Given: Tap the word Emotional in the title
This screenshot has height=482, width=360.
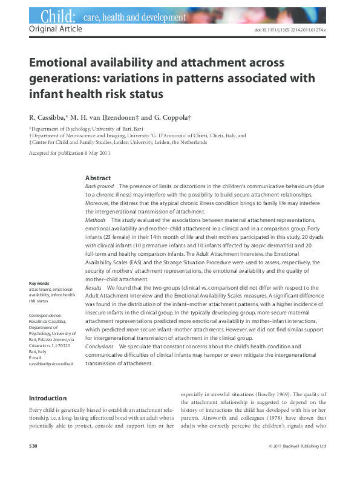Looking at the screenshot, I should (x=62, y=63).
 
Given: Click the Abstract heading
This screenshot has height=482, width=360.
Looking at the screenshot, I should (x=98, y=178).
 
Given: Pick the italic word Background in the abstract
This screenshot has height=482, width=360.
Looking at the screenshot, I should (x=99, y=187).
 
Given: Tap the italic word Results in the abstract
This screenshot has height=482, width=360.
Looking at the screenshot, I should (x=94, y=288).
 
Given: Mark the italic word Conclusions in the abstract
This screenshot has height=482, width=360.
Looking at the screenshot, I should (x=99, y=347).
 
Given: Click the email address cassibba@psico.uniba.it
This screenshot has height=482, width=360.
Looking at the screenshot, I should (x=51, y=365).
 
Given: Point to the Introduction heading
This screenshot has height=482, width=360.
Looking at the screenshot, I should (x=48, y=399).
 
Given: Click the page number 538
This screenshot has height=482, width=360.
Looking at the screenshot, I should (x=34, y=446).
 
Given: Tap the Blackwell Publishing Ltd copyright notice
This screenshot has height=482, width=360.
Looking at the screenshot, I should (x=297, y=446).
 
